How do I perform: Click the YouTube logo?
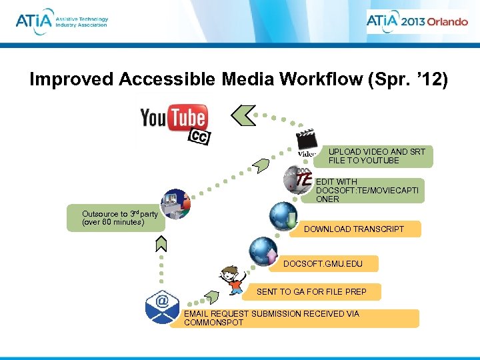point(173,118)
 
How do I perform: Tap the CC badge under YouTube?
point(198,136)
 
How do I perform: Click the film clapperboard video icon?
point(306,142)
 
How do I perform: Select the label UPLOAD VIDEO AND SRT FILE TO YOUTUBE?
point(377,156)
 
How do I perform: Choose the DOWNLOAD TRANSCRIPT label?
point(354,229)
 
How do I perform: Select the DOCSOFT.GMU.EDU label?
point(323,264)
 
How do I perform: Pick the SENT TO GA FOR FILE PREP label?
point(311,291)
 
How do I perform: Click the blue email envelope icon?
point(162,307)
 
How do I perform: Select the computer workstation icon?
point(176,203)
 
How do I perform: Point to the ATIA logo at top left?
point(61,21)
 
